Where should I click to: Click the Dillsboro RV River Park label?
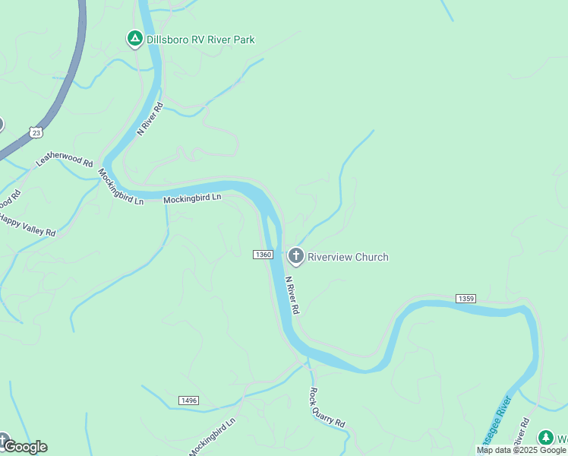click(x=200, y=40)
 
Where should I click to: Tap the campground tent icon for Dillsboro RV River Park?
click(x=134, y=39)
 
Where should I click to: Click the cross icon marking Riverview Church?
click(x=295, y=257)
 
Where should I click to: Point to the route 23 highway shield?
click(x=36, y=132)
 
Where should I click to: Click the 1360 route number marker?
click(x=263, y=254)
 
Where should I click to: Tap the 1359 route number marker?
click(x=465, y=299)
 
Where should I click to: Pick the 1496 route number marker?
click(x=189, y=401)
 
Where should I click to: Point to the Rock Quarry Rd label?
click(x=327, y=407)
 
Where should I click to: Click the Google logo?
click(x=25, y=447)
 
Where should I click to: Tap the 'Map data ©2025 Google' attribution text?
click(x=521, y=450)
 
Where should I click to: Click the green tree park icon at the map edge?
click(x=545, y=438)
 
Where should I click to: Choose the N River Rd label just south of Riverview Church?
click(x=292, y=295)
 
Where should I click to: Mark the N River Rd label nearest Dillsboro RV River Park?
click(x=150, y=119)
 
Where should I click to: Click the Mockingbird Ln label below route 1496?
click(x=213, y=436)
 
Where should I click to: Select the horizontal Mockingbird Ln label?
click(x=192, y=198)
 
